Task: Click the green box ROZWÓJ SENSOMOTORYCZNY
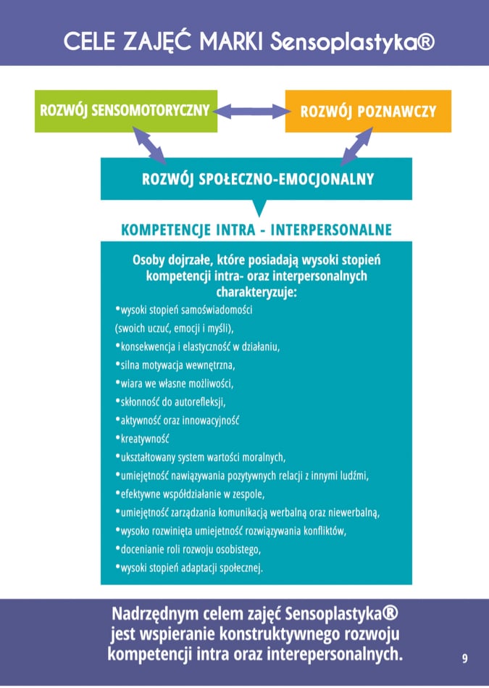(x=126, y=111)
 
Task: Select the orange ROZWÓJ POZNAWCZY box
(x=368, y=111)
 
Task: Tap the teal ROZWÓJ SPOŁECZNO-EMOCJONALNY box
(x=256, y=179)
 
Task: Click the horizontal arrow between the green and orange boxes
(x=251, y=112)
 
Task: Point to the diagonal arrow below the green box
(x=149, y=146)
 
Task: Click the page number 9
(x=465, y=658)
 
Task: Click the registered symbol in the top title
(x=425, y=43)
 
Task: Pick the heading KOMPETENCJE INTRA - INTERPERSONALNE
(x=256, y=230)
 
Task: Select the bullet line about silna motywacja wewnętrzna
(x=175, y=365)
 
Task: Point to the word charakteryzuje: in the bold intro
(x=256, y=292)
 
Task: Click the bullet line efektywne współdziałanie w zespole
(x=191, y=494)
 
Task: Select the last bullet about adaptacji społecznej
(x=189, y=568)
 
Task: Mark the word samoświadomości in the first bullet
(x=217, y=310)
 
